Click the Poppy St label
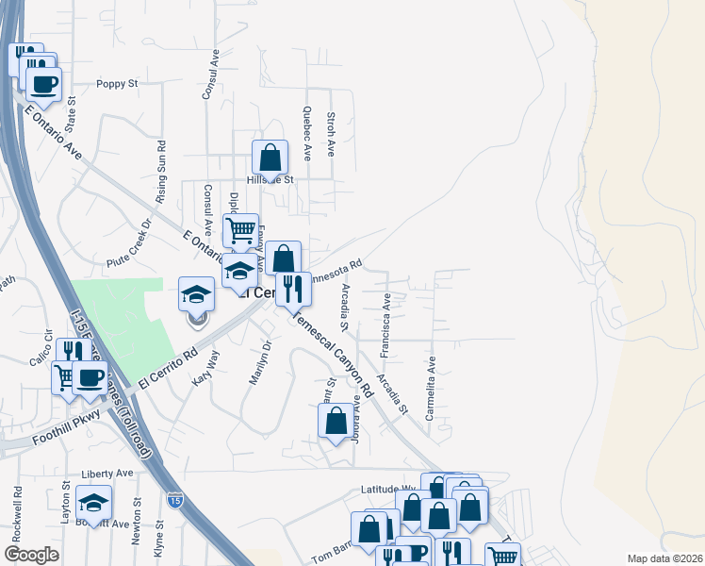click(118, 84)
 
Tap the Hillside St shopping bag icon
click(270, 158)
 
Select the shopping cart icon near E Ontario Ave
click(241, 229)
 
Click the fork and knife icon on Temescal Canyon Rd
click(293, 287)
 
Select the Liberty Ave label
click(107, 473)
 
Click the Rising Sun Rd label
click(161, 173)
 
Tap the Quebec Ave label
click(307, 134)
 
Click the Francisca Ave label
click(385, 325)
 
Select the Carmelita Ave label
click(431, 388)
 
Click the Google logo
click(31, 555)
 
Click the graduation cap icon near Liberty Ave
click(93, 502)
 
